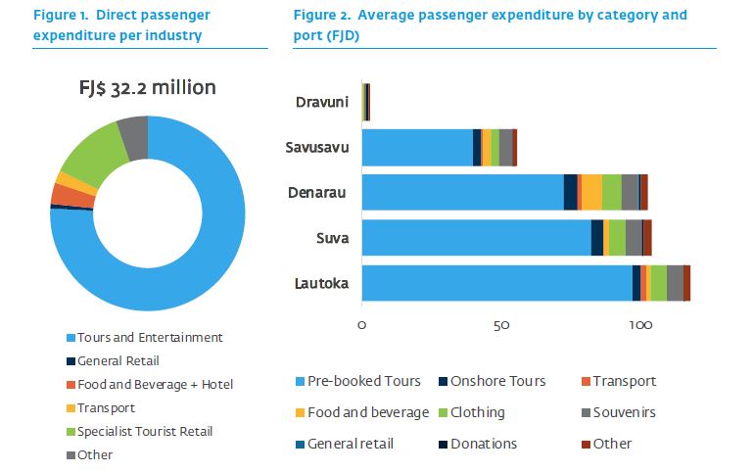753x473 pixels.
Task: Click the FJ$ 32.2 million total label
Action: (147, 87)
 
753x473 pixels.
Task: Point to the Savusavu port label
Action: (317, 147)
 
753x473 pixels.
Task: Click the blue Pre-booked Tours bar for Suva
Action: (476, 238)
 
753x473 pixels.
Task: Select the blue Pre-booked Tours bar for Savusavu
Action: (417, 147)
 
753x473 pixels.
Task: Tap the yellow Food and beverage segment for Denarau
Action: (591, 192)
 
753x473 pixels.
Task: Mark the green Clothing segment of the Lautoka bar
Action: (659, 283)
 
